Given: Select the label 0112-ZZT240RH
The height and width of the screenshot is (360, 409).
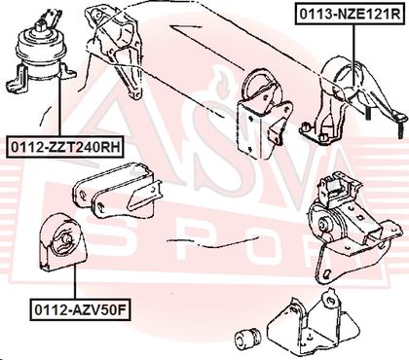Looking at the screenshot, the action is point(65,147).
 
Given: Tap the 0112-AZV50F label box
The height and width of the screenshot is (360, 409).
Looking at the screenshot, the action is point(80,310).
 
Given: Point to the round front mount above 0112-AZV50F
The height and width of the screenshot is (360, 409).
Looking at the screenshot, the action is point(62,242).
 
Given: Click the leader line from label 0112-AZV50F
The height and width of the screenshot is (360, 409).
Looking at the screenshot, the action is point(75,281).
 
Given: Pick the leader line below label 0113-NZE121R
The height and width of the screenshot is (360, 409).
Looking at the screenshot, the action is point(353,54).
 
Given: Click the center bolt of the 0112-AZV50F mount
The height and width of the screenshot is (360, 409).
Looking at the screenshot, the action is point(68,239).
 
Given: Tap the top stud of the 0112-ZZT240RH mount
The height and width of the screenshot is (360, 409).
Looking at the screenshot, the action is point(42,25).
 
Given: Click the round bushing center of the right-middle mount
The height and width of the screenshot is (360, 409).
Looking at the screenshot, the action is point(323,225).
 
